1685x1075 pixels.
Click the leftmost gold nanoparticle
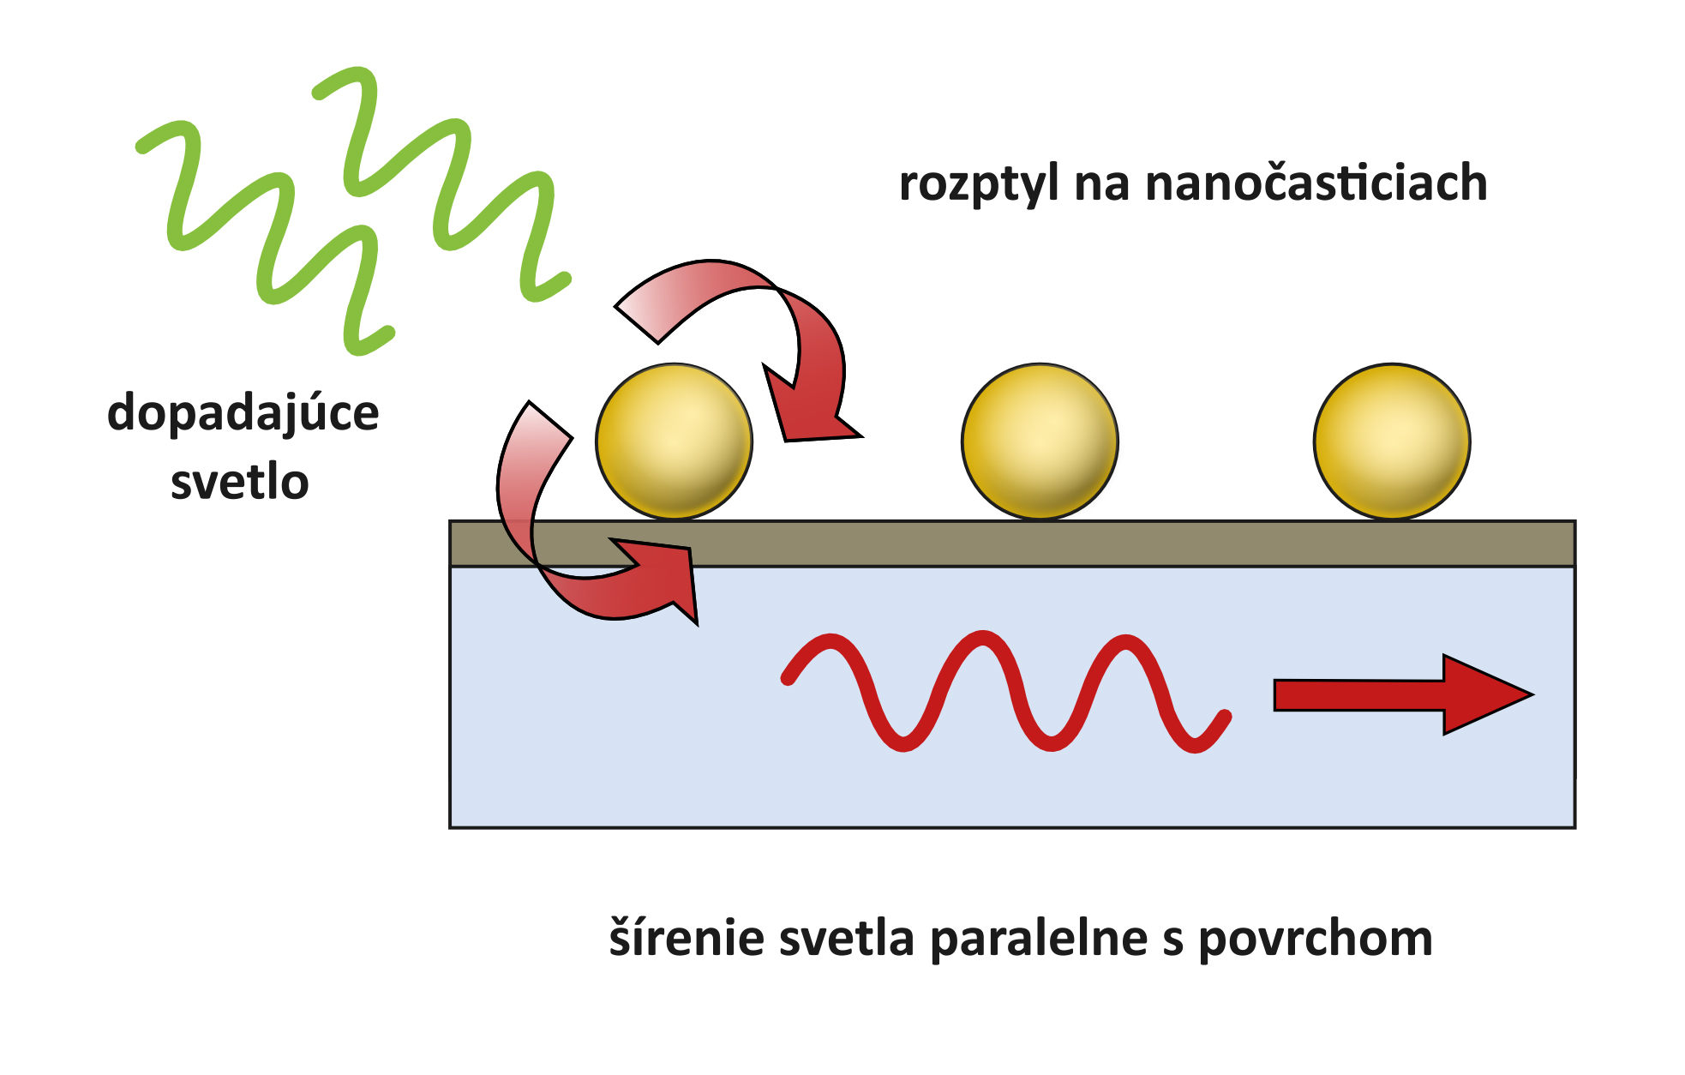675,441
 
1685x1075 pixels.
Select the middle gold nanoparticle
1040,441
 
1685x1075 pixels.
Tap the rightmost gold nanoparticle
1392,441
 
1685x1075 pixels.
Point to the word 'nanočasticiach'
1316,184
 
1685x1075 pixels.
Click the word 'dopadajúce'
243,414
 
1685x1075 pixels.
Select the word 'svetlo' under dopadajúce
239,483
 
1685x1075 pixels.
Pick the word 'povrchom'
1316,940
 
